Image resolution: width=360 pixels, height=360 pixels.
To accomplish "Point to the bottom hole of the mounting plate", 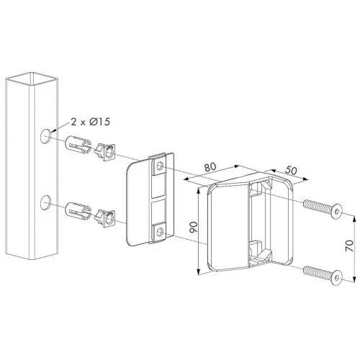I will coord(162,232).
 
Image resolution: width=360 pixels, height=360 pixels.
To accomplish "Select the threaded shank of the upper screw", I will coord(315,206).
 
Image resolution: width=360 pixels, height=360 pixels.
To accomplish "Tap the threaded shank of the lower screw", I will coord(315,271).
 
